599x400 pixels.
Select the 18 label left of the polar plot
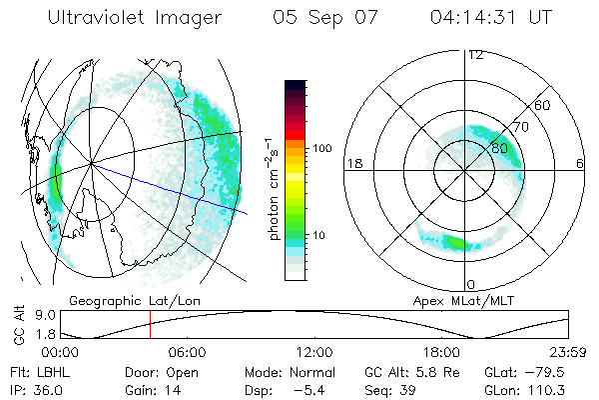[x=352, y=164]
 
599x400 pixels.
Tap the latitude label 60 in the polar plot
[x=542, y=105]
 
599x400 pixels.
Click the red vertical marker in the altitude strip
[x=150, y=326]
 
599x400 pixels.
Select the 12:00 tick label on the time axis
[x=313, y=352]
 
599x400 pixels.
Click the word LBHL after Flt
[x=55, y=370]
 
